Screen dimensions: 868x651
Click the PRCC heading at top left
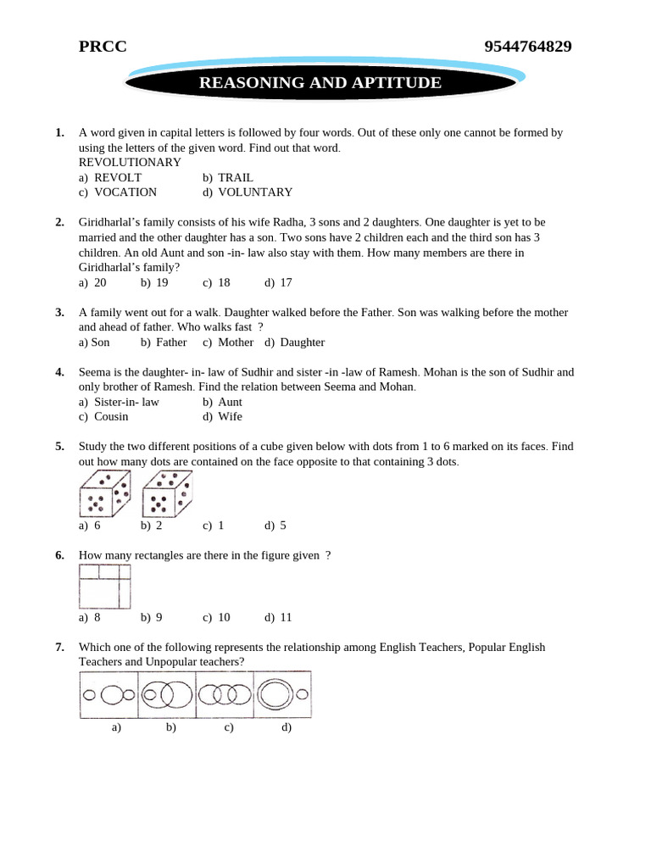(103, 47)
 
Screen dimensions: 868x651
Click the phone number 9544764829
(527, 47)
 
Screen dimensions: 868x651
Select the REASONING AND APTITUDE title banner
(320, 83)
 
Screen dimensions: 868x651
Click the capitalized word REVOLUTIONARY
(130, 162)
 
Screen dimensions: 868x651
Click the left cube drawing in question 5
(104, 495)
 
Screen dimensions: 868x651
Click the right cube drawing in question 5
(167, 495)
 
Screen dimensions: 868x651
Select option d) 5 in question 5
(275, 525)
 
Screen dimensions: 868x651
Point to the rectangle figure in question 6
(105, 587)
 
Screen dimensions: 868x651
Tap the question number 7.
(59, 647)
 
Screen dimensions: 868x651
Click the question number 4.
(59, 372)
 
